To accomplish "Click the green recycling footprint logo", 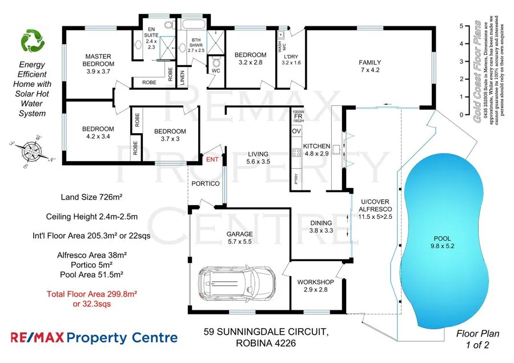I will [32, 41].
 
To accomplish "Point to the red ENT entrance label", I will [212, 159].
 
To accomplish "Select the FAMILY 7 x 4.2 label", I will [370, 66].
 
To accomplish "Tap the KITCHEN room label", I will [317, 150].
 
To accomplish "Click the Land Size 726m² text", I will [93, 197].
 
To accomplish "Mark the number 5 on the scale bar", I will [461, 26].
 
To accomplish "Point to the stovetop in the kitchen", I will [297, 153].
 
